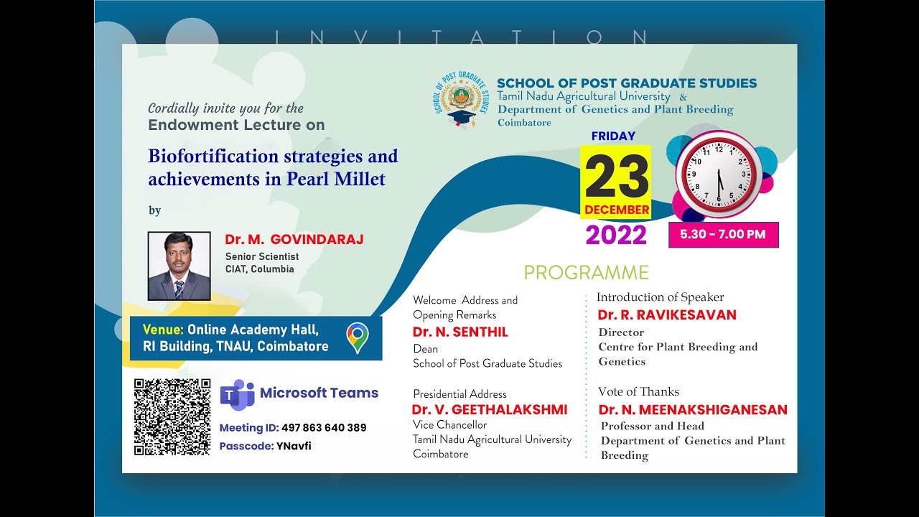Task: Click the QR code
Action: [x=172, y=417]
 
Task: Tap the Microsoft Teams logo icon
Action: [x=237, y=395]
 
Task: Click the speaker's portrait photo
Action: [x=179, y=266]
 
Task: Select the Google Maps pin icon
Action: [x=357, y=337]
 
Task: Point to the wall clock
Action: [x=717, y=174]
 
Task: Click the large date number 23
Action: [x=616, y=176]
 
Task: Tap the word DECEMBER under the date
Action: [x=617, y=210]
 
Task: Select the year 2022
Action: [x=616, y=235]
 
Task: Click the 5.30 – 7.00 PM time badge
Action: [x=723, y=234]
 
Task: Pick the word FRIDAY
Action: [x=613, y=136]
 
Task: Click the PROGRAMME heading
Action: [x=586, y=273]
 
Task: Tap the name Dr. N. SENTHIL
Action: [x=460, y=332]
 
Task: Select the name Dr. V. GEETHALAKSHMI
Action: [x=489, y=410]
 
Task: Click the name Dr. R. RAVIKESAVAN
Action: [x=667, y=315]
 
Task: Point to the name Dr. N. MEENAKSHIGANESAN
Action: [x=693, y=410]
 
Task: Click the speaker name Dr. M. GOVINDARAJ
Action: [x=294, y=240]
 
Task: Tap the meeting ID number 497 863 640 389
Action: [x=324, y=428]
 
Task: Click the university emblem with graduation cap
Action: [x=462, y=101]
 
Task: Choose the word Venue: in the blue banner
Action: [x=163, y=330]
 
